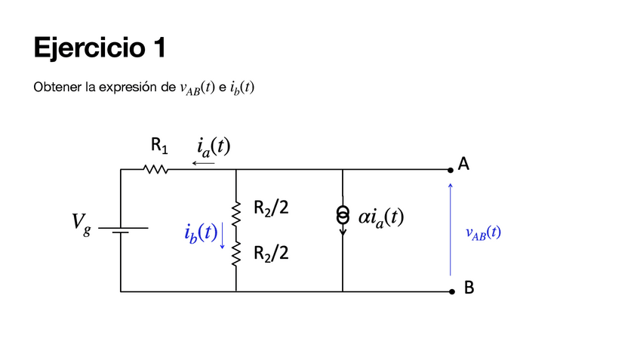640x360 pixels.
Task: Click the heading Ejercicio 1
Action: (100, 48)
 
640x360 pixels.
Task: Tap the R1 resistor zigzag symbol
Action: (156, 169)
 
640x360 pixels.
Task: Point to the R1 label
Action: (159, 146)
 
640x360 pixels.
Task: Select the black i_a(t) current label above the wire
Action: (214, 147)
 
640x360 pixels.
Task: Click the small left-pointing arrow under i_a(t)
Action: (203, 163)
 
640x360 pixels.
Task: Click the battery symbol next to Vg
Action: (123, 230)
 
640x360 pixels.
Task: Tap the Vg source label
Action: (82, 224)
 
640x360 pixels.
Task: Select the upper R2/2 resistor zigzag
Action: (236, 213)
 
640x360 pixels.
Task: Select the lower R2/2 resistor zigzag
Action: (236, 254)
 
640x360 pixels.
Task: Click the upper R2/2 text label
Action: (271, 208)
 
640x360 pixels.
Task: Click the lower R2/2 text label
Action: (271, 253)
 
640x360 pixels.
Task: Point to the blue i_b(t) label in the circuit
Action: (201, 233)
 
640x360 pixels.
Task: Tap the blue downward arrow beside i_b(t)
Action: (223, 235)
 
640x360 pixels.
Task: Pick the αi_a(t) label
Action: (381, 217)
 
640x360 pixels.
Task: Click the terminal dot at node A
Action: (451, 170)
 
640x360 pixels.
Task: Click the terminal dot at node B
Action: (452, 291)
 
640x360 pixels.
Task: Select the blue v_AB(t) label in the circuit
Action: (483, 233)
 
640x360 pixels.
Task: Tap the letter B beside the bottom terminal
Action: (469, 288)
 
